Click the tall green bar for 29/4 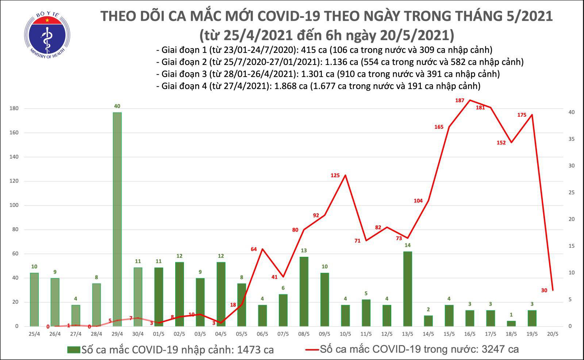pyautogui.click(x=117, y=219)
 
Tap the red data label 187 pyautogui.click(x=460, y=100)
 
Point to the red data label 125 pyautogui.click(x=335, y=175)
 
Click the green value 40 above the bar pyautogui.click(x=117, y=106)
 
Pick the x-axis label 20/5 pyautogui.click(x=553, y=334)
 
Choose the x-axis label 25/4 pyautogui.click(x=34, y=334)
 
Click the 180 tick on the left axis pyautogui.click(x=14, y=109)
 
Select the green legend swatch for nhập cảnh pyautogui.click(x=73, y=350)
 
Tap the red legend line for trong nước pyautogui.click(x=312, y=350)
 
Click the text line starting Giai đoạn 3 pyautogui.click(x=327, y=74)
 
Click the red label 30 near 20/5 pyautogui.click(x=544, y=290)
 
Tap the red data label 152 pyautogui.click(x=501, y=143)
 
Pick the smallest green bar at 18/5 pyautogui.click(x=511, y=323)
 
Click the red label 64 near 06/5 pyautogui.click(x=254, y=249)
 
